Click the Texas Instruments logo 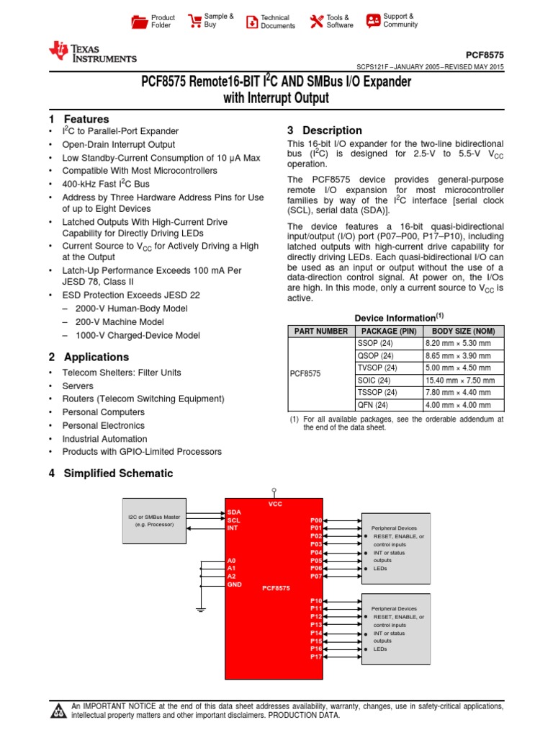tap(91, 53)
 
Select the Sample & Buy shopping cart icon tap(194, 21)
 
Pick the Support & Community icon tap(372, 20)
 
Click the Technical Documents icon tap(251, 22)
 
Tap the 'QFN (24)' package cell tap(374, 405)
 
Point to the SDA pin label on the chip tap(233, 512)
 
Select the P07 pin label tap(316, 577)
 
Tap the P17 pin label tap(316, 657)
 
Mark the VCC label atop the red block tap(275, 504)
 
